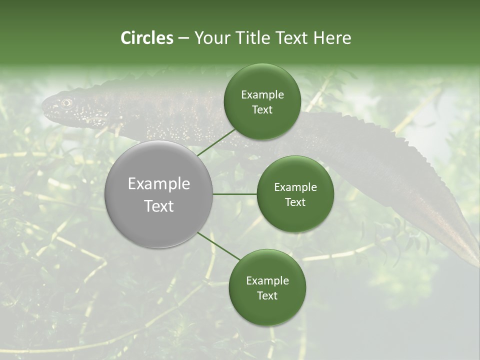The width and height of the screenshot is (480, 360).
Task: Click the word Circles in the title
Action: point(146,38)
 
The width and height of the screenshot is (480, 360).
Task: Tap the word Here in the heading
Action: point(332,38)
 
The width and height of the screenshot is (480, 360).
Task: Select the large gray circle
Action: point(159,194)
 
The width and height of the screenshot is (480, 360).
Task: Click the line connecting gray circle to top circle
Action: point(216,142)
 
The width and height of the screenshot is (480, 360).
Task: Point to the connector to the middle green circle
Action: point(235,194)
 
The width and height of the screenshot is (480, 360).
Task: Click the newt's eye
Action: point(66,103)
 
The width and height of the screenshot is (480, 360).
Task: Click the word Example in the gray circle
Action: point(159,184)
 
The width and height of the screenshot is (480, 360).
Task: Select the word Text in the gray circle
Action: point(159,206)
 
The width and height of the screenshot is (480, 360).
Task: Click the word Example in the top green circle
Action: point(262,95)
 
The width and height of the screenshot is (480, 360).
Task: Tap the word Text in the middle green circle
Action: point(295,202)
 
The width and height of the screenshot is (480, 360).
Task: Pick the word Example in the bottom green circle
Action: point(267,281)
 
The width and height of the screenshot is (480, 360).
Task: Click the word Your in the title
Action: point(207,38)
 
